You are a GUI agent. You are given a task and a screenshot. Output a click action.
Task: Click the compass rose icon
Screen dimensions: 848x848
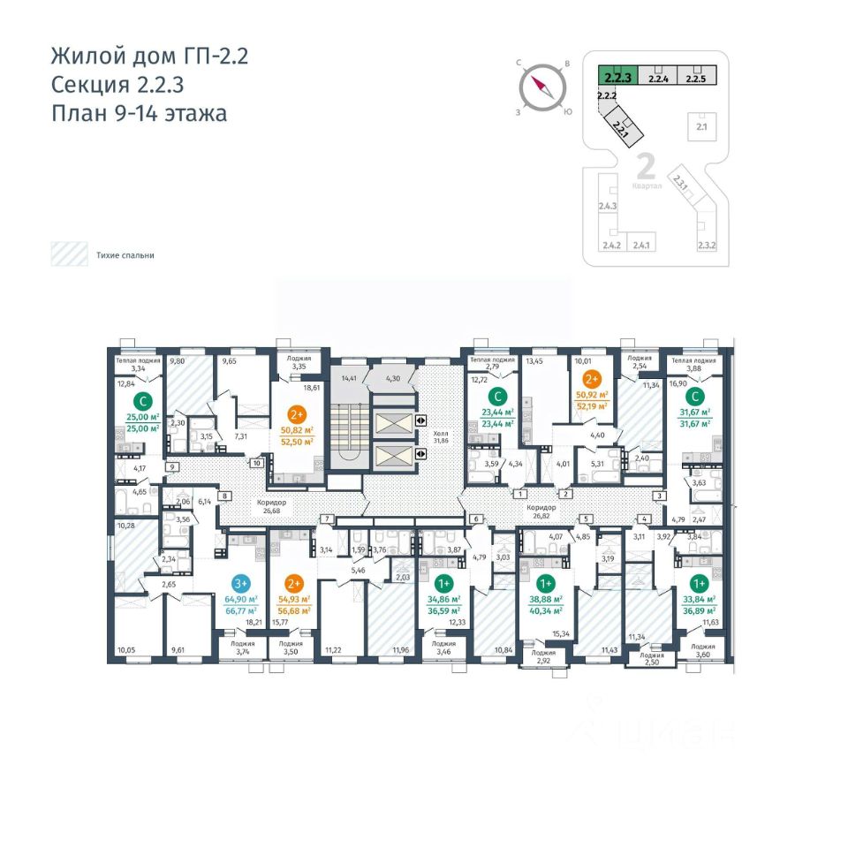pos(541,88)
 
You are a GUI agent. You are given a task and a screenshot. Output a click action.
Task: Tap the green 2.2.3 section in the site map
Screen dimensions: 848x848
pos(616,77)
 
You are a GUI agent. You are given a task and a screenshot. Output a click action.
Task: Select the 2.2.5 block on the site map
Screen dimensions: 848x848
pos(695,77)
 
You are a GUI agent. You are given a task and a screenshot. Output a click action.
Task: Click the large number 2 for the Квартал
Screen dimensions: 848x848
pos(645,166)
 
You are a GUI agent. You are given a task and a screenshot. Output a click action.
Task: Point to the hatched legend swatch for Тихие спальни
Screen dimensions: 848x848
pos(67,255)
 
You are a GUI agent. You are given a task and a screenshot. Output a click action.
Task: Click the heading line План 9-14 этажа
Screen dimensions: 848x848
pos(139,113)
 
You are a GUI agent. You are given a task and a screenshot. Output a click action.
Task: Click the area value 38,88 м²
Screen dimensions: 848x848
pos(545,598)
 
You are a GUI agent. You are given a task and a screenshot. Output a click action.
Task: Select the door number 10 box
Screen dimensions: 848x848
pos(256,462)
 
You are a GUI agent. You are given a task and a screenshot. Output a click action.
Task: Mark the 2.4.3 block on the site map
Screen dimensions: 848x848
pos(607,207)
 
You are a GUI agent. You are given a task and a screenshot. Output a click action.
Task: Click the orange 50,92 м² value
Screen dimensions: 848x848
pos(592,396)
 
